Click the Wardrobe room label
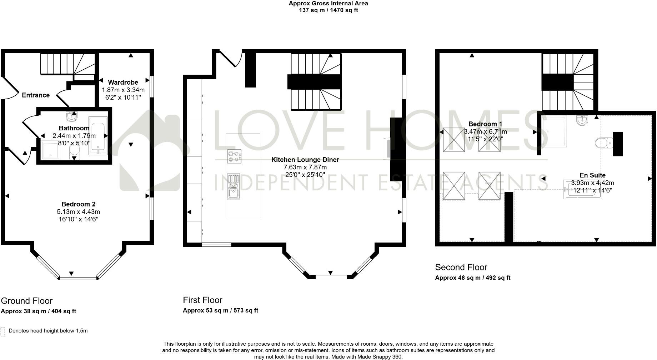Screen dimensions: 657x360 [x=123, y=82]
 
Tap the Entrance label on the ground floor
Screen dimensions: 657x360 [x=36, y=95]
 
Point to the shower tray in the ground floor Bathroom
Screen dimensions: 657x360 [x=51, y=150]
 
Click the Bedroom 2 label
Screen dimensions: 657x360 [x=79, y=204]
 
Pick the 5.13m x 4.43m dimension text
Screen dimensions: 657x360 [x=79, y=212]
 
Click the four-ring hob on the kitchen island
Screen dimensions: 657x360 [x=234, y=156]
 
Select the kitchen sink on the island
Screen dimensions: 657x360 [x=234, y=186]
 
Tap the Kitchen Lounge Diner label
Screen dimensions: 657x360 [x=305, y=160]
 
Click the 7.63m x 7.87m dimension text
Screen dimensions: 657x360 [x=305, y=167]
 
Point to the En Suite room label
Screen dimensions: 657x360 [x=593, y=175]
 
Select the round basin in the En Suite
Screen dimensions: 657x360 [x=582, y=120]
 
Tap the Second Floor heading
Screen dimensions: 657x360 [x=461, y=267]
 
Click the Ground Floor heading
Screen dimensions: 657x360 [x=27, y=301]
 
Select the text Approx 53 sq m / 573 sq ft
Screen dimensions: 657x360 [x=220, y=310]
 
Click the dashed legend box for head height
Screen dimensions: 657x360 [x=3, y=332]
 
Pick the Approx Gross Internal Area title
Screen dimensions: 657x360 [x=328, y=3]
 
